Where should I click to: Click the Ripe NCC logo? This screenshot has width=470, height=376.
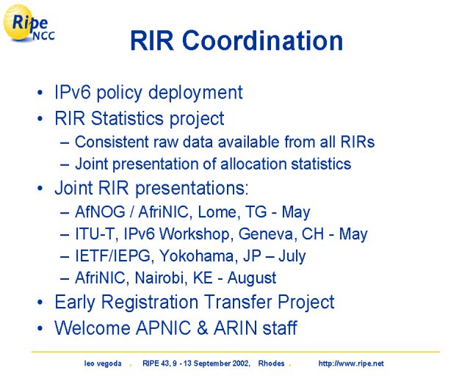pyautogui.click(x=29, y=23)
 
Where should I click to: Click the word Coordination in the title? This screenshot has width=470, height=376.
pyautogui.click(x=263, y=40)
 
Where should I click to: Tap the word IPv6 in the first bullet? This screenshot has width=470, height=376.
pyautogui.click(x=72, y=92)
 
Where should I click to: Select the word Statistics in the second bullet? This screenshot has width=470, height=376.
pyautogui.click(x=127, y=118)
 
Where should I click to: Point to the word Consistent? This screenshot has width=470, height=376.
pyautogui.click(x=112, y=142)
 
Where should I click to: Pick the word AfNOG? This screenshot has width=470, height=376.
pyautogui.click(x=100, y=212)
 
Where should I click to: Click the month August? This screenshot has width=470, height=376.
pyautogui.click(x=252, y=278)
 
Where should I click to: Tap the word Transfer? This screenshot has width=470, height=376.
pyautogui.click(x=238, y=302)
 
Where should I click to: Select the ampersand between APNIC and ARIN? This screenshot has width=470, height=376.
pyautogui.click(x=203, y=328)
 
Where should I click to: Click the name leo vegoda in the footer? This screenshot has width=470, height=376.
pyautogui.click(x=103, y=364)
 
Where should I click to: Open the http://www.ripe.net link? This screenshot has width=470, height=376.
pyautogui.click(x=351, y=364)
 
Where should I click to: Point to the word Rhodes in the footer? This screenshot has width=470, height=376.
pyautogui.click(x=271, y=364)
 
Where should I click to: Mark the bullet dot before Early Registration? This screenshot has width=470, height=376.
pyautogui.click(x=40, y=303)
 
